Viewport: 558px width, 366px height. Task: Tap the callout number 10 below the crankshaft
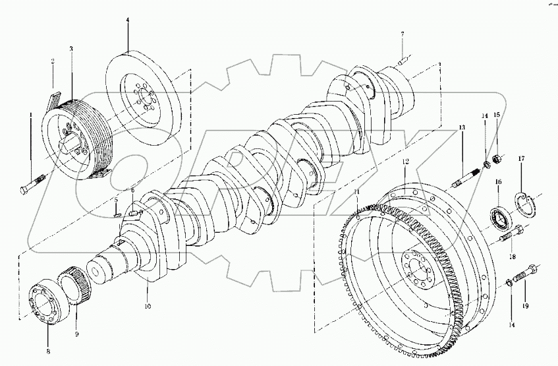click(148, 307)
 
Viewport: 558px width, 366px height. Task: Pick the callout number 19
click(526, 307)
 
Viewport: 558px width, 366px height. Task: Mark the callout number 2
click(53, 62)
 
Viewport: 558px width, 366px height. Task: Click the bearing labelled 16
click(501, 218)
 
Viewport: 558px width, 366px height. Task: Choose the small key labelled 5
click(116, 212)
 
